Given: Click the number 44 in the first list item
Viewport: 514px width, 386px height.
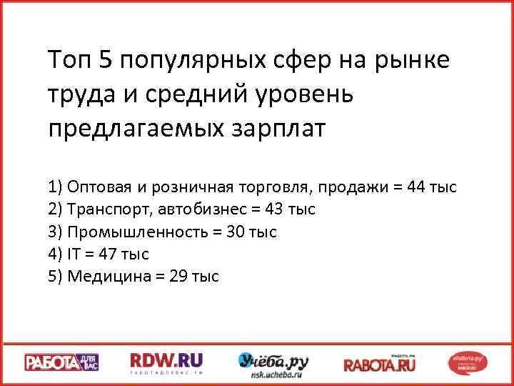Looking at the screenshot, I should point(417,187).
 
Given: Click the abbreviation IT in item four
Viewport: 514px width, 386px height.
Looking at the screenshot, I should point(74,254).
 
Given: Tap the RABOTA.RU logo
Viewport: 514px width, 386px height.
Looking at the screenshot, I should point(380,363).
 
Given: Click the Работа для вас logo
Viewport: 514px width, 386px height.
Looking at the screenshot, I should point(62,362).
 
